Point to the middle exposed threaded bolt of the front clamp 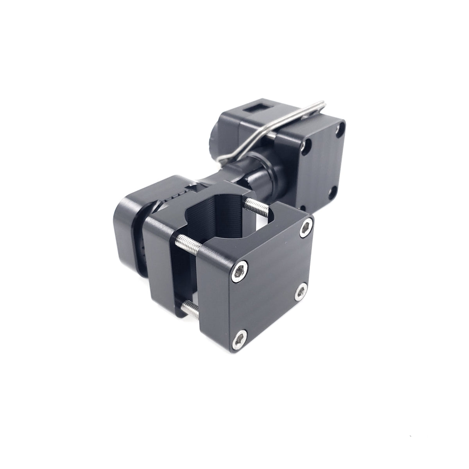[190, 241]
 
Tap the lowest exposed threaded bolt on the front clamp [190, 308]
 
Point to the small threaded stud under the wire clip [272, 134]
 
